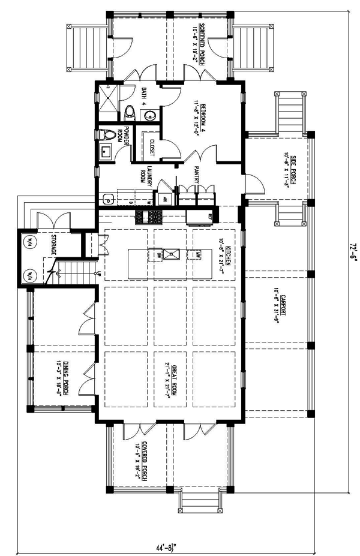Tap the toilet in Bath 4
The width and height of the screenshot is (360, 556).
point(130,112)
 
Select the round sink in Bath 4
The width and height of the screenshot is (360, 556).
point(150,116)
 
